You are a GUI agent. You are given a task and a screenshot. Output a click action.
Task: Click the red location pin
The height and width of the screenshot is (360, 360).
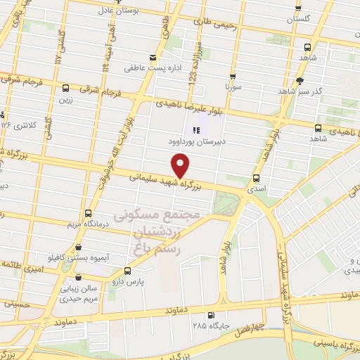tap(181, 166)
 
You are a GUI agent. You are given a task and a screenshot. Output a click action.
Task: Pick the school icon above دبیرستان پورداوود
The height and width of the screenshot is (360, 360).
tap(197, 129)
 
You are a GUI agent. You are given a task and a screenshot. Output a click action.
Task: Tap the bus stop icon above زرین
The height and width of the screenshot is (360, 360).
tap(65, 89)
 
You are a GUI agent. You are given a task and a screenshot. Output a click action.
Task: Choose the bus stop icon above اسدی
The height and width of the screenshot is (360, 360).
tap(256, 179)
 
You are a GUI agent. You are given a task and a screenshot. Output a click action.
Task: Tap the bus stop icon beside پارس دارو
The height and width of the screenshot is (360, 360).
tap(127, 270)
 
